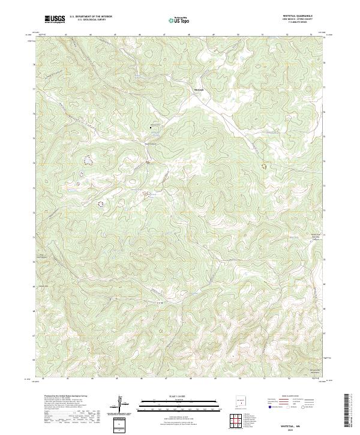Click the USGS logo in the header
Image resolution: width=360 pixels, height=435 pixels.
[x=55, y=20]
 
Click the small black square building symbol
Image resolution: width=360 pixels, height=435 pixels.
[x=151, y=127]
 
